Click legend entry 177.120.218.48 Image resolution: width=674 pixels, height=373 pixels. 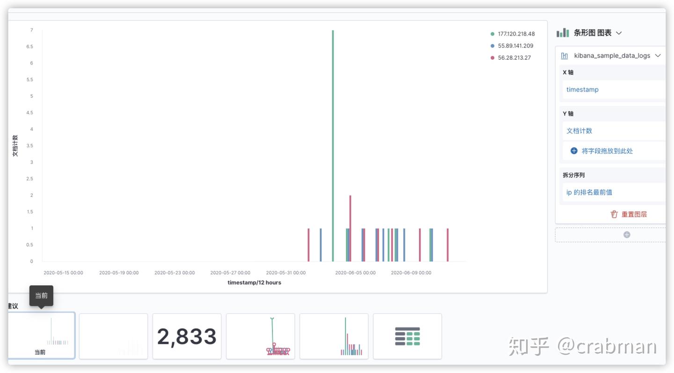click(516, 34)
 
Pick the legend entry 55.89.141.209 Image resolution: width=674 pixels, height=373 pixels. click(515, 46)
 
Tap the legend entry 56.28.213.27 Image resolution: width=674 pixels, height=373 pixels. click(514, 58)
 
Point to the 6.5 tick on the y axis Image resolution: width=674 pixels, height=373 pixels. click(30, 47)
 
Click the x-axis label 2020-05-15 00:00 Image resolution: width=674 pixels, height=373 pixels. click(63, 273)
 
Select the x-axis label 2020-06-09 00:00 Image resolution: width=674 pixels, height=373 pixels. click(411, 273)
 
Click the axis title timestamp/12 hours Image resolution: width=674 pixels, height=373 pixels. click(254, 283)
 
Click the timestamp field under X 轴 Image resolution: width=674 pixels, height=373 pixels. click(582, 90)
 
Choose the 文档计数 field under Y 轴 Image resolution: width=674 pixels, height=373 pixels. click(579, 131)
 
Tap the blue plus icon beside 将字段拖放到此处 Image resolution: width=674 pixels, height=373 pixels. click(574, 151)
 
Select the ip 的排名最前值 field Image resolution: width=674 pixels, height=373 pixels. click(589, 192)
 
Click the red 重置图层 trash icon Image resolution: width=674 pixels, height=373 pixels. click(614, 214)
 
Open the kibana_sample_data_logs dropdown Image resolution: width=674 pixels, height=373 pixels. click(612, 56)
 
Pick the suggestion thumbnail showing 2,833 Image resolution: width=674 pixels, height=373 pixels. click(187, 337)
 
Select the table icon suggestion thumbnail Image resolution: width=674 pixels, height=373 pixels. click(407, 337)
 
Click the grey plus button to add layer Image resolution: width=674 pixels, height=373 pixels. click(627, 235)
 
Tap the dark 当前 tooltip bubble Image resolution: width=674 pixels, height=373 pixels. click(41, 295)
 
